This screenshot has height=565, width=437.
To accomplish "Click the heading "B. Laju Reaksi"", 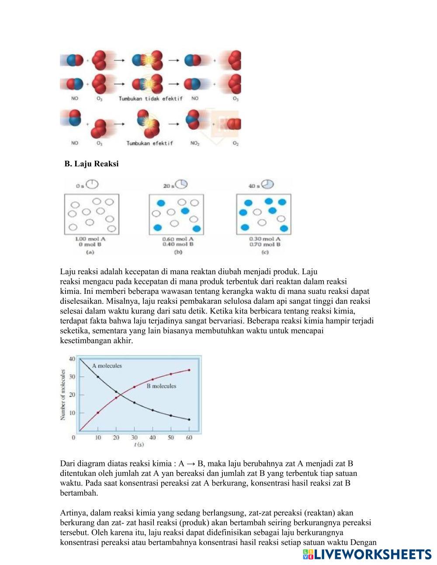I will click(x=91, y=164).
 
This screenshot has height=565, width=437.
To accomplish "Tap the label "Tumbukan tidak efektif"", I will click(x=151, y=99).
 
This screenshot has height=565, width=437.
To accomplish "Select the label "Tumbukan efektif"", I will click(x=149, y=143).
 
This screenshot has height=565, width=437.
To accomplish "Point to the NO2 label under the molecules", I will click(x=195, y=143).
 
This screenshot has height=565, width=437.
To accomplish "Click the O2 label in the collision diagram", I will click(x=236, y=143).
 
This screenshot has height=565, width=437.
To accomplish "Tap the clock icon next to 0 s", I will click(x=92, y=184).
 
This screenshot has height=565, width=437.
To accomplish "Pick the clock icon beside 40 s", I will click(x=267, y=184).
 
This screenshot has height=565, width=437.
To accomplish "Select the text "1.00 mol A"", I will click(x=90, y=239).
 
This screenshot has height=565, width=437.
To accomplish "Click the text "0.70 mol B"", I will click(x=265, y=245).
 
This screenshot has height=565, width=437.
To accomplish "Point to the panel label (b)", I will click(x=178, y=252).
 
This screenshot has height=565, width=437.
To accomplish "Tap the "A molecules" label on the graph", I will click(x=107, y=366).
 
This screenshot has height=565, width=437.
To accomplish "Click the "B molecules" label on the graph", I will click(x=161, y=386).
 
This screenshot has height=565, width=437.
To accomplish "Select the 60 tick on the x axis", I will click(x=189, y=438).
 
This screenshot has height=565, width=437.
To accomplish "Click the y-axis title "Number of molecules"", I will click(x=63, y=395).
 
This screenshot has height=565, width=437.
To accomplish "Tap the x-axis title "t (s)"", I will click(x=139, y=444).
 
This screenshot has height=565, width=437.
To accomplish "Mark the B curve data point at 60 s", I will click(x=189, y=370).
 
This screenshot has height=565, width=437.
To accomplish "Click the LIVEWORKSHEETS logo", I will click(x=367, y=555).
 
